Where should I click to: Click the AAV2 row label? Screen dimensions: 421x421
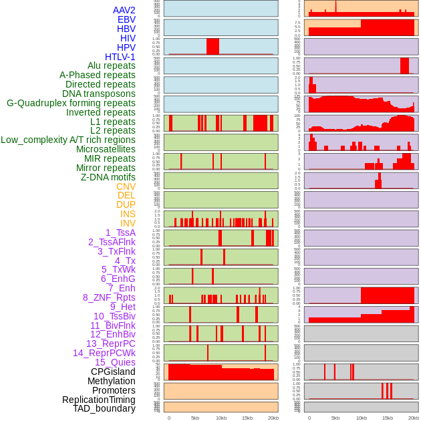[x=124, y=10]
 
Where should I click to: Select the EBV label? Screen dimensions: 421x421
[x=126, y=19]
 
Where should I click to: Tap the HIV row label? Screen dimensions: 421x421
[x=128, y=38]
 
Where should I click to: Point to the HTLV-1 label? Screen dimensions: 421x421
[x=120, y=57]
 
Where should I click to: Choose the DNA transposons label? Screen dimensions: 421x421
[x=99, y=94]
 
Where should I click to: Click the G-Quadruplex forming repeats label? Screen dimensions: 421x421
[x=71, y=103]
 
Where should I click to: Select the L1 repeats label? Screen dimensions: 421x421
[x=113, y=122]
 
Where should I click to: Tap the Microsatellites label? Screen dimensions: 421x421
[x=106, y=149]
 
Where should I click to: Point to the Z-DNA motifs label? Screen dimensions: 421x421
[x=108, y=177]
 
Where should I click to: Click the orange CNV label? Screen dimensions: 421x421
[x=126, y=186]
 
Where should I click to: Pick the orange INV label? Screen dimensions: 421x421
[x=128, y=223]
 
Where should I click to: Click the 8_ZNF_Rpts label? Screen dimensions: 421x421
[x=109, y=297]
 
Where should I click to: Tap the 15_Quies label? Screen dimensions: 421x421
[x=114, y=362]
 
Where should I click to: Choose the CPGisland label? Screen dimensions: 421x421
[x=113, y=372]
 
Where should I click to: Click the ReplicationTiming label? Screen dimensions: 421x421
[x=99, y=400]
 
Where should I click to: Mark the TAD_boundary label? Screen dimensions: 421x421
[x=104, y=408]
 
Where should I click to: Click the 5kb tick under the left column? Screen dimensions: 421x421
[x=195, y=418]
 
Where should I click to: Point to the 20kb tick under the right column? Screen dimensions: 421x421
[x=414, y=418]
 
